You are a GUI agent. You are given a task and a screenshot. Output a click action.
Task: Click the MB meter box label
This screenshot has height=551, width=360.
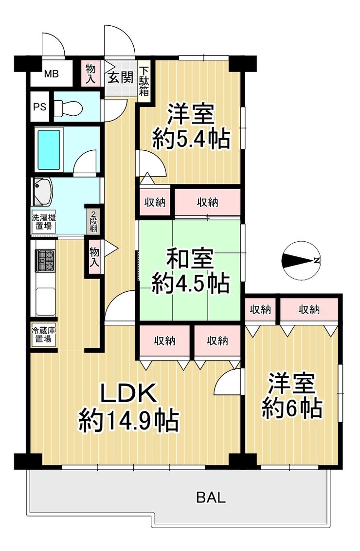52,74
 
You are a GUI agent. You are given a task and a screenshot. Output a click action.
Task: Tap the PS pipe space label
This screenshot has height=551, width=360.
40,107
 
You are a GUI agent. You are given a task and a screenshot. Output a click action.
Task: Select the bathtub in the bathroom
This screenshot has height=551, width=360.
49,150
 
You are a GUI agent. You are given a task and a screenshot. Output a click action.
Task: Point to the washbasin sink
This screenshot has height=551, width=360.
42,192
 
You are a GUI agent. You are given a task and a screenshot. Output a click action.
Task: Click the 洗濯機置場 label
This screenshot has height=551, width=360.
44,222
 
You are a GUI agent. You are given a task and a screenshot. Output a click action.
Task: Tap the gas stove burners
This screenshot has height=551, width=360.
45,261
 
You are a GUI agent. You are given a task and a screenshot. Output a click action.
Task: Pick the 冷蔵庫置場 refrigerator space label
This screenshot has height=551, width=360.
44,335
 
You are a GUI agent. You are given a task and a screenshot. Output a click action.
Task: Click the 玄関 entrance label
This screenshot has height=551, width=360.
120,77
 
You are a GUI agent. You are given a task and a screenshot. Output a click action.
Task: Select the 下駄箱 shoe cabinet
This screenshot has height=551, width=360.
144,82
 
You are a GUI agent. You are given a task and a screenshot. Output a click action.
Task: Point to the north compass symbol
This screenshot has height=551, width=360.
301,260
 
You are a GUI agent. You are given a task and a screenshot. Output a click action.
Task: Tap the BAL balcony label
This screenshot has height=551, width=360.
211,498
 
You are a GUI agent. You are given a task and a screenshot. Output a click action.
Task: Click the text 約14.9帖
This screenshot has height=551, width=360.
128,421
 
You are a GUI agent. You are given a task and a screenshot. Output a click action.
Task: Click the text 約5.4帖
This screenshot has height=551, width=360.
191,139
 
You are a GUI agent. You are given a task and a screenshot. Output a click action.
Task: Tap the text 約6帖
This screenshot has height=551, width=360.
292,408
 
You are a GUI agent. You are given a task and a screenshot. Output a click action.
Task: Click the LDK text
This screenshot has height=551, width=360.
128,393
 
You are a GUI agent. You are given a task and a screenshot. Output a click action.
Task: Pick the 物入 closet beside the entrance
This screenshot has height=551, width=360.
90,73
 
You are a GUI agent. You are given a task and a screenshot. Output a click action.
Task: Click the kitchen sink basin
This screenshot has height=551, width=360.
45,301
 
